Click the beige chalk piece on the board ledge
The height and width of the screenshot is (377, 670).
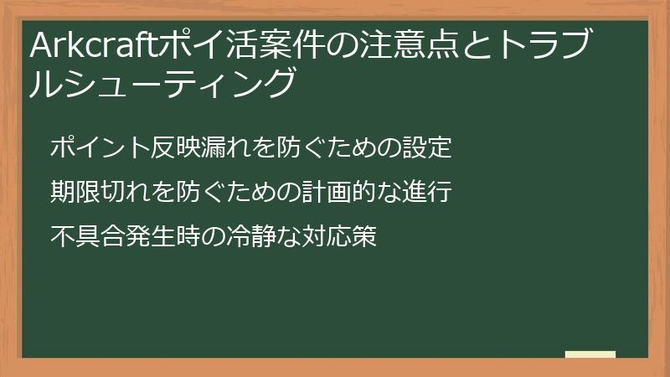(x=590, y=354)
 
